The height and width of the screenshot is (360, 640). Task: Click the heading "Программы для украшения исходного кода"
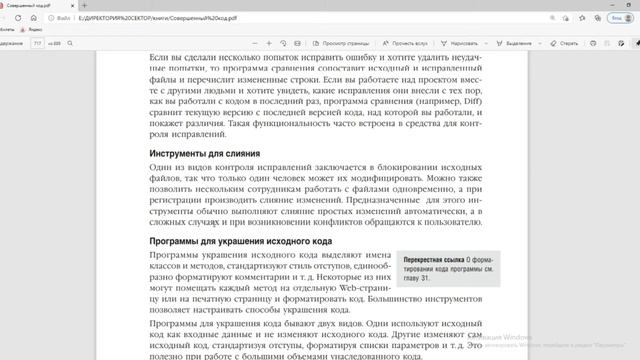pos(240,242)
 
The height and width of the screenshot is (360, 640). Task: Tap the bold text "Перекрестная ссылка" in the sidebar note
pos(432,258)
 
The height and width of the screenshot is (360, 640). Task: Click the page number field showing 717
pos(37,44)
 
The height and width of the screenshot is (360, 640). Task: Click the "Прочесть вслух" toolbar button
pos(409,44)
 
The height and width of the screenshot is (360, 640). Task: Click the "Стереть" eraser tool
pos(565,44)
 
